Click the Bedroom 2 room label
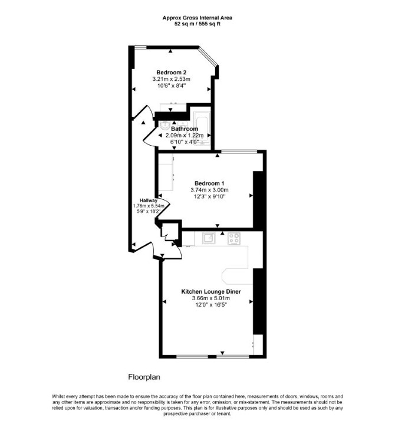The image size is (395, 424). click(x=171, y=73)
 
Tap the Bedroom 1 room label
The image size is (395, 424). click(x=209, y=183)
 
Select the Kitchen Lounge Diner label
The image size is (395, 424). click(x=211, y=292)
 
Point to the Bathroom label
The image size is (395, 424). click(x=185, y=129)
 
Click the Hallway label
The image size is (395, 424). click(x=149, y=201)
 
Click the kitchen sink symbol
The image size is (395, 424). click(x=209, y=238)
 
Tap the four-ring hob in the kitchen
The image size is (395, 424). click(x=234, y=238)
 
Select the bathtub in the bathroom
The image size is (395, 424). click(x=202, y=130)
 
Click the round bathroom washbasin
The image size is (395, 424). click(x=164, y=125)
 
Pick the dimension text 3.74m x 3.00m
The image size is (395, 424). click(x=209, y=190)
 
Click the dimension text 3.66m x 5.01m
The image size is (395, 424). click(x=211, y=298)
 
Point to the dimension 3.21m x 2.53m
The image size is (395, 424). click(x=171, y=79)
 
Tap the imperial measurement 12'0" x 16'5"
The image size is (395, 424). click(x=211, y=305)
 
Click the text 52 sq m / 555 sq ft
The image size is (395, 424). click(x=197, y=24)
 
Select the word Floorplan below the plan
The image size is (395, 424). click(x=144, y=377)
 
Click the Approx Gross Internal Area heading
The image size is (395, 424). click(x=197, y=18)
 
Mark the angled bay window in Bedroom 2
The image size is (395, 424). click(x=208, y=57)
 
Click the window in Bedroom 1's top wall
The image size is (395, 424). click(x=239, y=152)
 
